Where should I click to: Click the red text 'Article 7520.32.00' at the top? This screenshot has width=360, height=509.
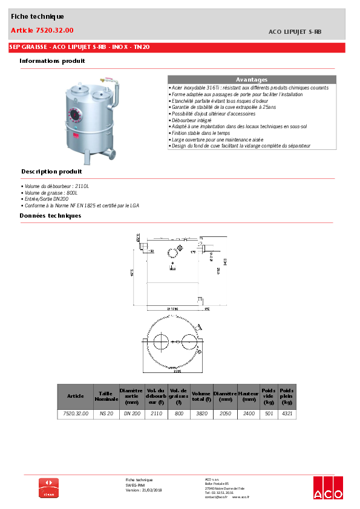[x=42, y=30]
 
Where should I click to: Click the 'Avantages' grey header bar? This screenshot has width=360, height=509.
[x=251, y=80]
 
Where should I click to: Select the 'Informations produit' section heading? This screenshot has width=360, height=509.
[x=52, y=60]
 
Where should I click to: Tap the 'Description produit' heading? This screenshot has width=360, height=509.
[x=51, y=172]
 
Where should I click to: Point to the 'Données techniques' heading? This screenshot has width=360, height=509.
[x=50, y=215]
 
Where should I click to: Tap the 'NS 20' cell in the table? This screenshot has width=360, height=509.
[x=106, y=414]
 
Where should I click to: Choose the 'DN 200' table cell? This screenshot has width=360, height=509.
[x=131, y=414]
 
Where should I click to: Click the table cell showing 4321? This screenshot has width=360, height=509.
[x=287, y=414]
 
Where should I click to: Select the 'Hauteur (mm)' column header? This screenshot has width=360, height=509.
[x=248, y=396]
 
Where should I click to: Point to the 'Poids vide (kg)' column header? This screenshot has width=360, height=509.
[x=269, y=396]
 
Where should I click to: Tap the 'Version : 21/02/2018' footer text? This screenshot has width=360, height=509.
[x=144, y=490]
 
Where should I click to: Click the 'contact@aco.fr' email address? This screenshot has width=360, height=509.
[x=216, y=497]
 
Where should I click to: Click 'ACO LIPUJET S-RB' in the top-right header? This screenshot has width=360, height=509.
[x=295, y=31]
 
